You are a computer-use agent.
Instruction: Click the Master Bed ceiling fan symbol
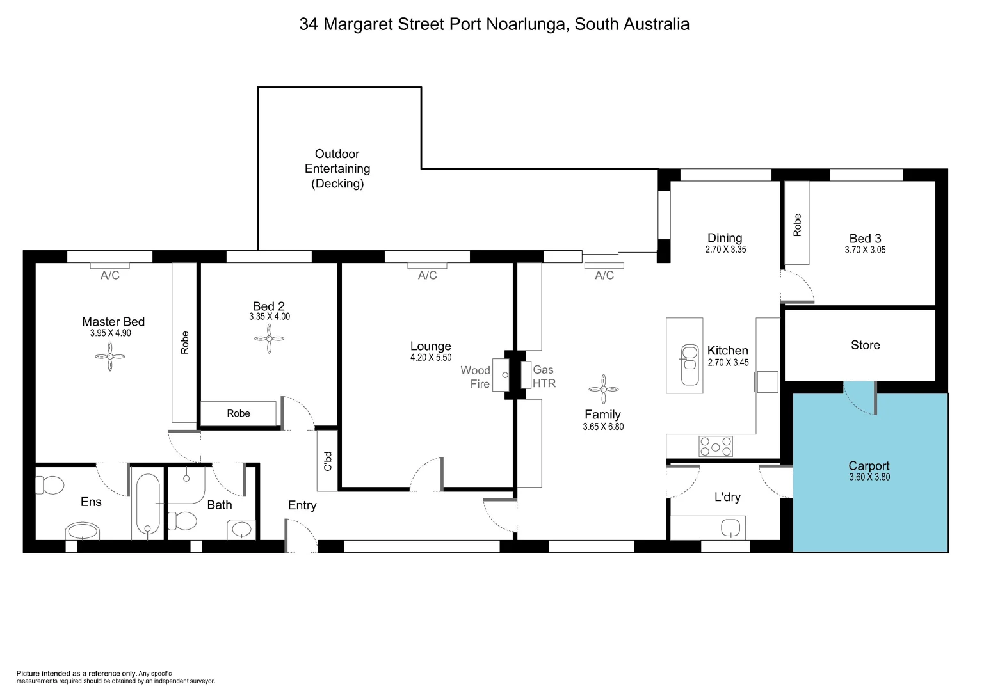tap(110, 356)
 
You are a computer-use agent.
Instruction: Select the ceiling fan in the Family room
tap(603, 389)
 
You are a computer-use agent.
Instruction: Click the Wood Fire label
tap(475, 377)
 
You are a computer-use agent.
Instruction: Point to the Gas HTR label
tap(544, 376)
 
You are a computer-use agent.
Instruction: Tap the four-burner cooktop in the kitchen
tap(715, 446)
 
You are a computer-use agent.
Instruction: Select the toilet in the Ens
tap(49, 485)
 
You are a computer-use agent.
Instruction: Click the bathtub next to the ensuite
tap(148, 505)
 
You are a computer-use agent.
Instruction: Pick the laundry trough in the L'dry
tap(730, 528)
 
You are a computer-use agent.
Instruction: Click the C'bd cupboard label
tap(328, 461)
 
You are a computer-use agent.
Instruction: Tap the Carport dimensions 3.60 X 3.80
tap(869, 477)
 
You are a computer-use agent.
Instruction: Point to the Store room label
tap(865, 345)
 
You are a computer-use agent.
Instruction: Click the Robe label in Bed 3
tap(797, 225)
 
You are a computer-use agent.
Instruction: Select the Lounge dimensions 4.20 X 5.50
tap(430, 358)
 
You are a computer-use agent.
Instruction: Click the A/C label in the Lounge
tap(427, 276)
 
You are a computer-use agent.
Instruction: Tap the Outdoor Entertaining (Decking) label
tap(337, 169)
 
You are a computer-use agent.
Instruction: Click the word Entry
tap(302, 505)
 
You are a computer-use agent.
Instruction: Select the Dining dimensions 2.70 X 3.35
tap(725, 250)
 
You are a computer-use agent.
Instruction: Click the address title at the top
tap(494, 24)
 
